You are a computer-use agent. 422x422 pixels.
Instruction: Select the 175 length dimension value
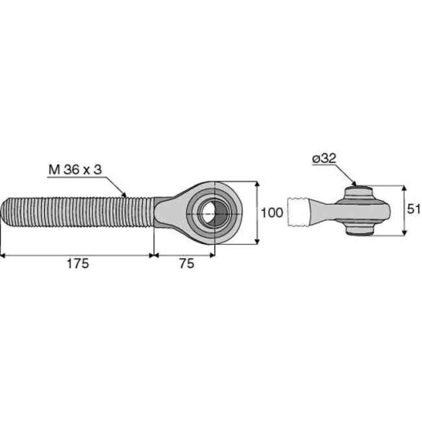[77, 264]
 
